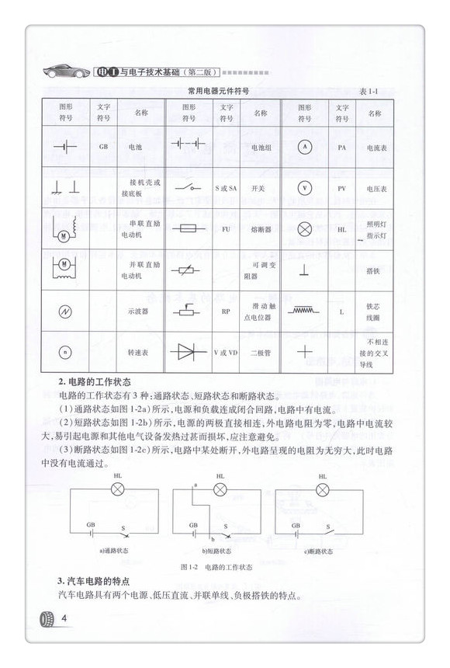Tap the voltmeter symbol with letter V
(305, 187)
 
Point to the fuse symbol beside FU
(188, 229)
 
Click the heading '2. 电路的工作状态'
(94, 382)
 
